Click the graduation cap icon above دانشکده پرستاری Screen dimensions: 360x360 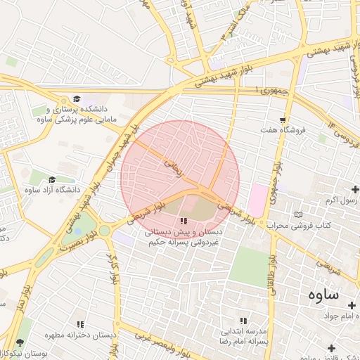(x=76, y=99)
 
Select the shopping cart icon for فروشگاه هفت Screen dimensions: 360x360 (x=283, y=120)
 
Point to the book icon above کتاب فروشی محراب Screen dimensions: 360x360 (x=300, y=214)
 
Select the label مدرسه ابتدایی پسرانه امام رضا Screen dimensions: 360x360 (x=245, y=335)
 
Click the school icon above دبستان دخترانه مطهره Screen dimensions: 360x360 (x=80, y=324)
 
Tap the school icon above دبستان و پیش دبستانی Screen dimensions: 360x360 (x=184, y=221)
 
